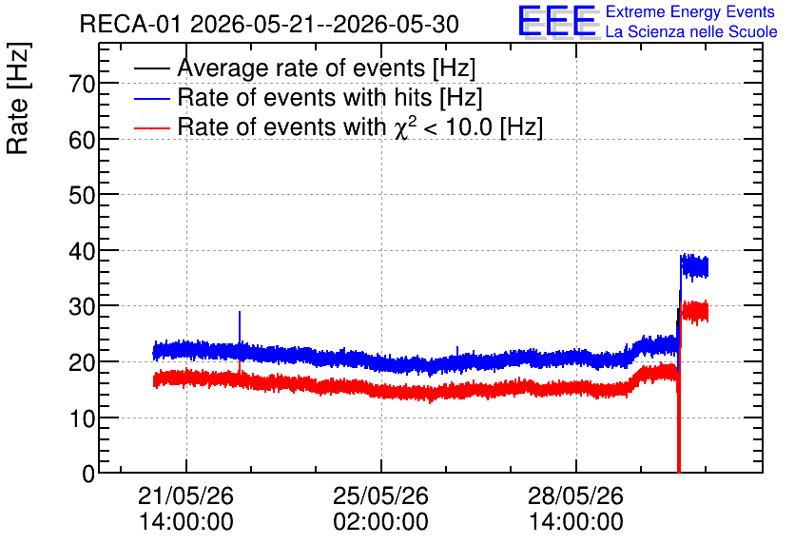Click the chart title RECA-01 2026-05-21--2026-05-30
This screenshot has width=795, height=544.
(x=269, y=24)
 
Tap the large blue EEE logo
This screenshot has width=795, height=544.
(x=557, y=22)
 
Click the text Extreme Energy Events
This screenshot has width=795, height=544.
(x=690, y=11)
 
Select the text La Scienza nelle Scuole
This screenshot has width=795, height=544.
(x=691, y=32)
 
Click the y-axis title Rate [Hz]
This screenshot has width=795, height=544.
(x=18, y=98)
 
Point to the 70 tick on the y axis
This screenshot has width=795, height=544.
(x=82, y=84)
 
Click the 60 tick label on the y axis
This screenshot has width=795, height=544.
(x=82, y=140)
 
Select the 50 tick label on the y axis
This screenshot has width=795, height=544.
(x=82, y=195)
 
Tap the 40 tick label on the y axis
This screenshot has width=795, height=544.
(x=82, y=251)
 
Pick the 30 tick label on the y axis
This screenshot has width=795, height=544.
(x=82, y=307)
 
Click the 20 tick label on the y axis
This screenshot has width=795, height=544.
(x=82, y=362)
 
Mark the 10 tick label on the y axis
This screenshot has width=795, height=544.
(x=82, y=418)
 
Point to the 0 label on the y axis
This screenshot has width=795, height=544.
(x=88, y=474)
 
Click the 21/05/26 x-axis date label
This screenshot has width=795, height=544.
(x=186, y=495)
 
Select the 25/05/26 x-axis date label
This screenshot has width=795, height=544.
(x=380, y=495)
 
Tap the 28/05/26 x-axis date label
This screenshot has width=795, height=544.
(x=576, y=495)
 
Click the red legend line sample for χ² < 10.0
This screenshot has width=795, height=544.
(x=152, y=127)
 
